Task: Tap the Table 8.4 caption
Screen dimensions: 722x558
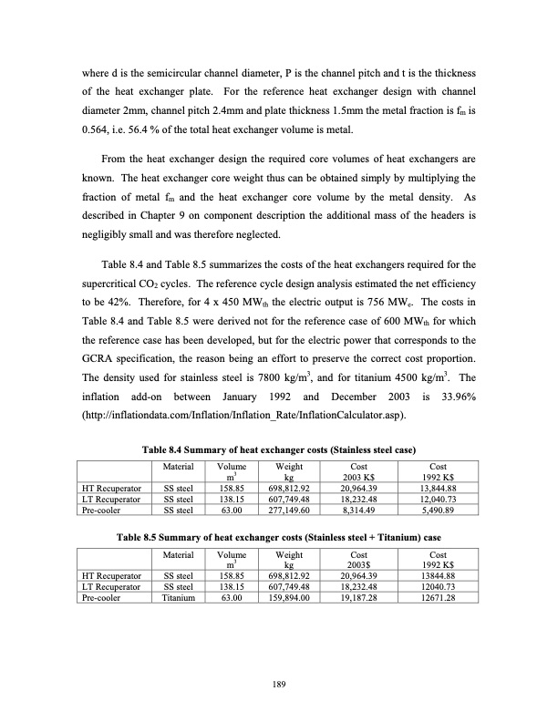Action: pos(278,450)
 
